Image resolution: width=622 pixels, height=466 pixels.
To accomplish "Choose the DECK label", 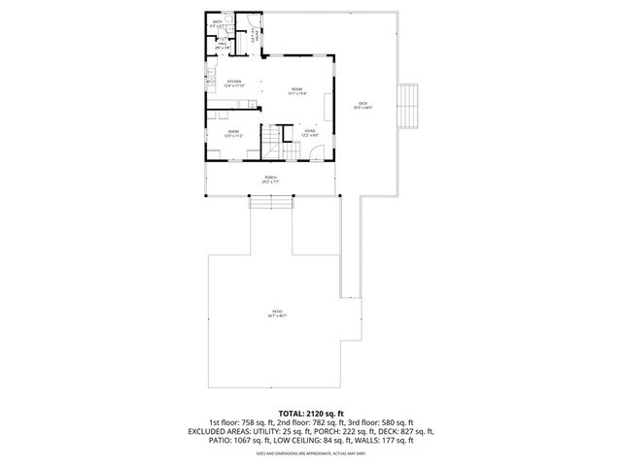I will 363,105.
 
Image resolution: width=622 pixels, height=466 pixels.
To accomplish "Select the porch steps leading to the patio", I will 270,201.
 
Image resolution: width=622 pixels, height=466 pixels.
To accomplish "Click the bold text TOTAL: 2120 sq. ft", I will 311,413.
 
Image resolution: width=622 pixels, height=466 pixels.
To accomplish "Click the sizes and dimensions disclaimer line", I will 311,452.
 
